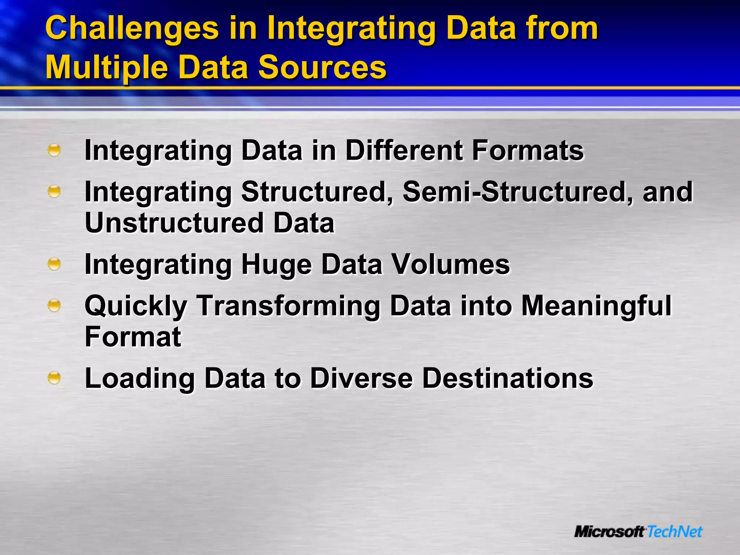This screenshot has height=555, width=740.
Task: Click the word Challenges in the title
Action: [132, 29]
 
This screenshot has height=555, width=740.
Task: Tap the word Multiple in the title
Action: [107, 68]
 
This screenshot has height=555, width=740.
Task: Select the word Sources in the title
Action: [322, 67]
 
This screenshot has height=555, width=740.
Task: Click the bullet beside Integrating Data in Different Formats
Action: [54, 150]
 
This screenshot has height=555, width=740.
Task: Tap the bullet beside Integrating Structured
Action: [54, 192]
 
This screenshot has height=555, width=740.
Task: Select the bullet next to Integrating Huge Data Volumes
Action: [54, 264]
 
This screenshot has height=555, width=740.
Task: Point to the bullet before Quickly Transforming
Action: [54, 306]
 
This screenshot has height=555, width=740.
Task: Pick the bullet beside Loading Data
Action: [54, 378]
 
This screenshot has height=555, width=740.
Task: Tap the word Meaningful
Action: [596, 306]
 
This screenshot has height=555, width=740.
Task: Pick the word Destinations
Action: [507, 378]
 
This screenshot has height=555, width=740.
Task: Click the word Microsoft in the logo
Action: [609, 532]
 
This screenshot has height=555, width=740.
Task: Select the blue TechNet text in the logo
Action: [674, 532]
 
